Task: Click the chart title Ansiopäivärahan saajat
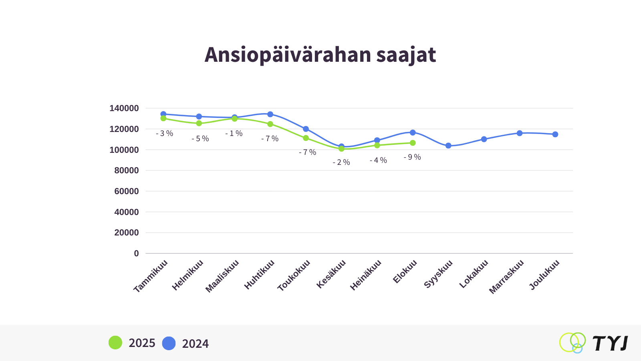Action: [x=320, y=55]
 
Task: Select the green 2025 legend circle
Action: [x=115, y=343]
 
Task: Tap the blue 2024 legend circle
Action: [x=169, y=343]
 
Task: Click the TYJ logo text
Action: [x=610, y=344]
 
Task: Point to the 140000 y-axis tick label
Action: [x=124, y=108]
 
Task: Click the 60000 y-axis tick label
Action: [x=127, y=191]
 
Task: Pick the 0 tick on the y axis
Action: [x=137, y=254]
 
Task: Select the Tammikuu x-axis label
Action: [x=151, y=276]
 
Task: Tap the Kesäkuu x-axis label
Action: [x=331, y=274]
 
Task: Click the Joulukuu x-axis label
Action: [x=544, y=275]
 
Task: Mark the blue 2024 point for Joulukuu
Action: [x=555, y=134]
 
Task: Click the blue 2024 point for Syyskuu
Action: [x=448, y=146]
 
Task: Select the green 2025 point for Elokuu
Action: [x=413, y=143]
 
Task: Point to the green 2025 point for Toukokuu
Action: [x=306, y=138]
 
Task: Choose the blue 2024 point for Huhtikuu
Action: [x=270, y=114]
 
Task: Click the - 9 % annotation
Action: [x=412, y=157]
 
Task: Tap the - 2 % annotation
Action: [x=341, y=162]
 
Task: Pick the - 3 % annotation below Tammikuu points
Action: [x=165, y=134]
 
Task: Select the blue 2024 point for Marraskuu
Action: [x=520, y=133]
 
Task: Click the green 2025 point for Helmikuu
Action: [x=199, y=123]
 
